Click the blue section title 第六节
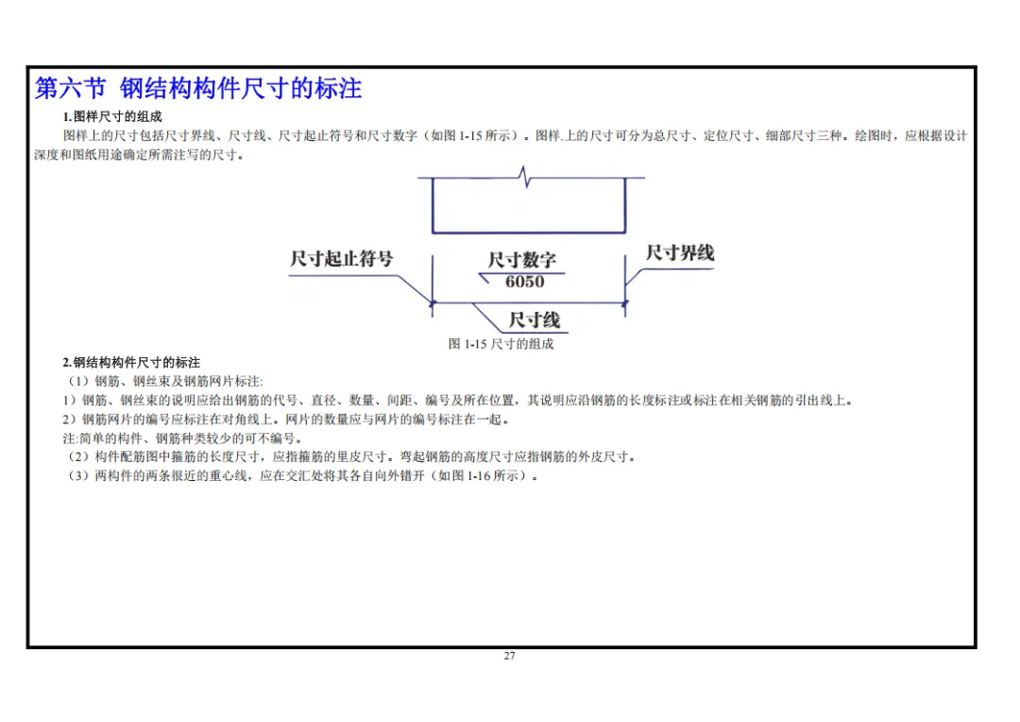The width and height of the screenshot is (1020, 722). pyautogui.click(x=70, y=88)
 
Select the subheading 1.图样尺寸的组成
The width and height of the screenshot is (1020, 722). pyautogui.click(x=111, y=116)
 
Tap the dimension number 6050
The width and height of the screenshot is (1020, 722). pyautogui.click(x=524, y=282)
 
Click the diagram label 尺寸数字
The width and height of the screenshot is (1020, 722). pyautogui.click(x=521, y=260)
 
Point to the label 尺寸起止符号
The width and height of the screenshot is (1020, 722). pyautogui.click(x=342, y=258)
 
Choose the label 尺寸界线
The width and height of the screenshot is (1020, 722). pyautogui.click(x=680, y=252)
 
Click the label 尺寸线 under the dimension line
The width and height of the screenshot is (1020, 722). pyautogui.click(x=534, y=319)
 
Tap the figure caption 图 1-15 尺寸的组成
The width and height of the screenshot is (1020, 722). pyautogui.click(x=501, y=344)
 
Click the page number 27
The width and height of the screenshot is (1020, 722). pyautogui.click(x=509, y=656)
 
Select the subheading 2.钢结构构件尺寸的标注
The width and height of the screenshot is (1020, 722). pyautogui.click(x=131, y=362)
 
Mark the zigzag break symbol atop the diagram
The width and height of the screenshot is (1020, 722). pyautogui.click(x=524, y=177)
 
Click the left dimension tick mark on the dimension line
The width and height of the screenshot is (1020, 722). pyautogui.click(x=433, y=302)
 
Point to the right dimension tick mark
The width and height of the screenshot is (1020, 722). pyautogui.click(x=625, y=302)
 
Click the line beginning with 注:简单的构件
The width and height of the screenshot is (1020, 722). pyautogui.click(x=182, y=438)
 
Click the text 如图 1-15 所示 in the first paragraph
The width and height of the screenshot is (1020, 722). pyautogui.click(x=471, y=135)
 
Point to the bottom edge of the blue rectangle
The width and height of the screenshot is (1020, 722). pyautogui.click(x=529, y=232)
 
